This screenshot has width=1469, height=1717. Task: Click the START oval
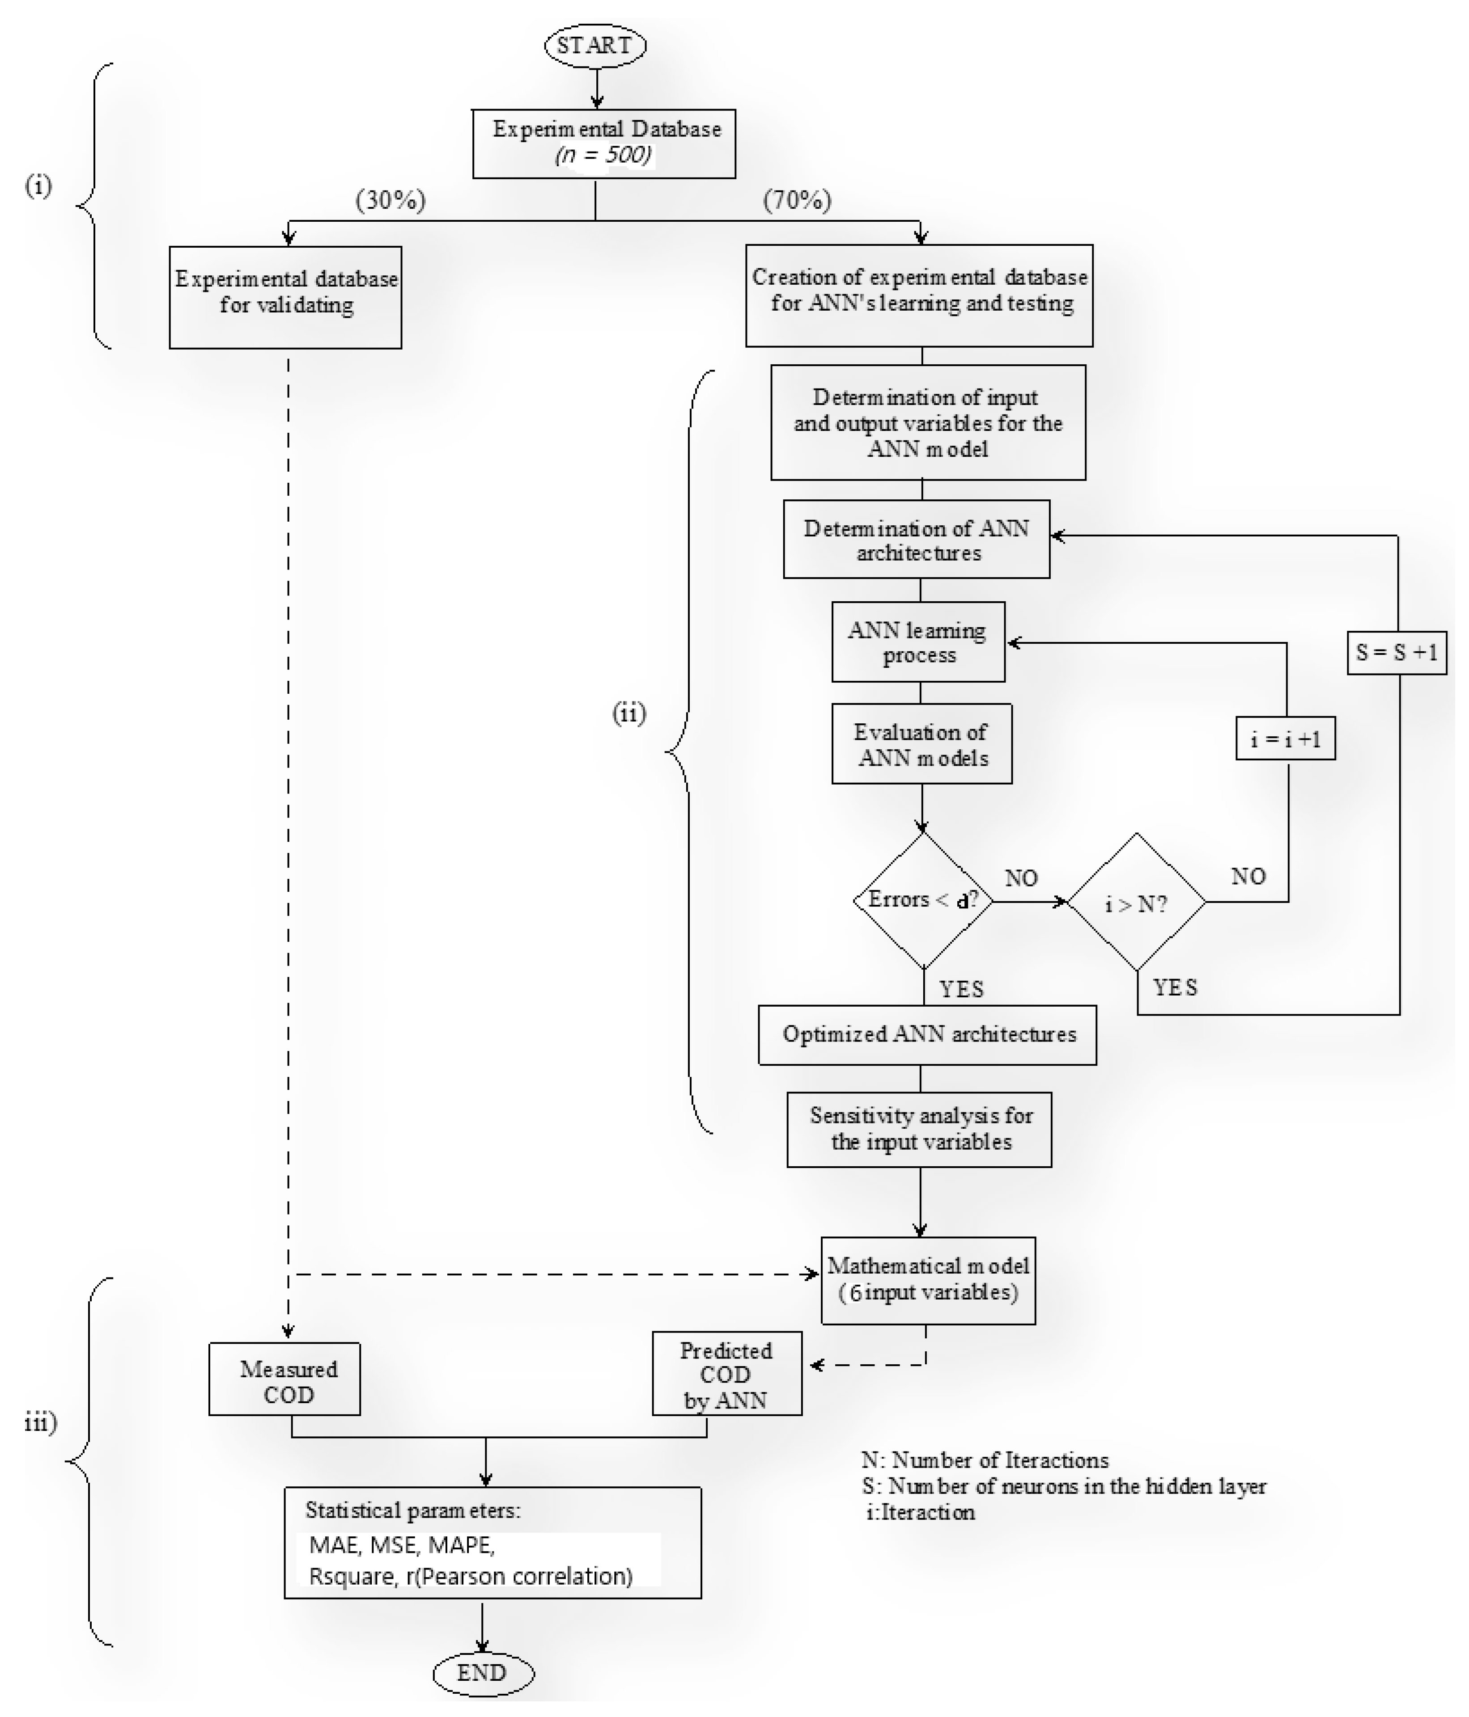[594, 45]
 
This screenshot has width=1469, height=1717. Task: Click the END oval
[483, 1672]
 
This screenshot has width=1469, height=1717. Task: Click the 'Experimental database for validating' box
[285, 297]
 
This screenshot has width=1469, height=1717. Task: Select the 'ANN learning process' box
[918, 641]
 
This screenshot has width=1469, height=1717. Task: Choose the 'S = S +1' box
[1396, 652]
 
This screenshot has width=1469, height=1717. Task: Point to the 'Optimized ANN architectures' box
[927, 1034]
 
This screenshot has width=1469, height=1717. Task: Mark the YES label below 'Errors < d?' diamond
[961, 989]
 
